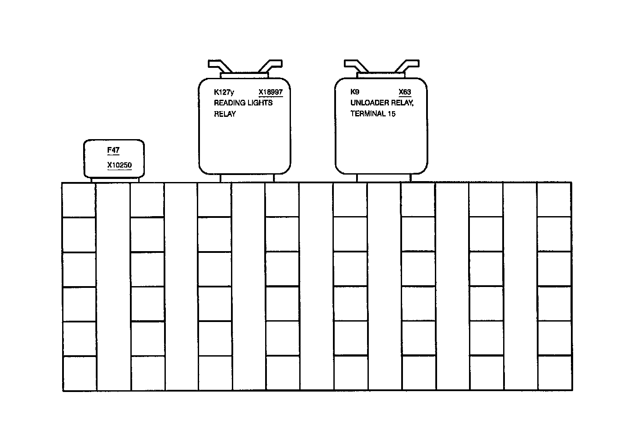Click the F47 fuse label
pos(113,150)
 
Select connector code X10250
pos(119,165)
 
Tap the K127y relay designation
pos(224,92)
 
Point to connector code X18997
pos(270,92)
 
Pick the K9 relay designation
pos(355,92)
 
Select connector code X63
pos(405,92)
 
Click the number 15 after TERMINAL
pos(392,114)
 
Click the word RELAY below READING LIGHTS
pos(225,114)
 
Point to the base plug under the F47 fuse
pos(115,179)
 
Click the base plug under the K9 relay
pos(384,178)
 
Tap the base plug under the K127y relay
pos(247,178)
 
